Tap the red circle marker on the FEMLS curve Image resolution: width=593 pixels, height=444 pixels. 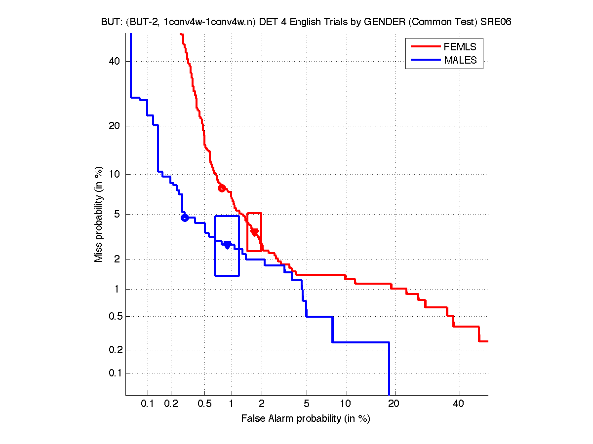coord(222,188)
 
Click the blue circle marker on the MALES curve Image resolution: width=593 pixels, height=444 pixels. coord(185,218)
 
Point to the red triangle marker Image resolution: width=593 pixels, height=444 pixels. coord(255,232)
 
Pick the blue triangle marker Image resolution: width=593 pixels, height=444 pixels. coord(227,245)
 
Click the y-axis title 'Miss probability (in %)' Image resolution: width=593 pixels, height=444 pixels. coord(99,214)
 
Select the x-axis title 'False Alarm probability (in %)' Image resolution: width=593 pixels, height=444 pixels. coord(306,419)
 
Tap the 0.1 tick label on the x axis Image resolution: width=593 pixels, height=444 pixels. coord(148,404)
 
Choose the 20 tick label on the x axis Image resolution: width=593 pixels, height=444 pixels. coord(393,404)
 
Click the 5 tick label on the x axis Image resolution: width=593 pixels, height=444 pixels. coord(307,404)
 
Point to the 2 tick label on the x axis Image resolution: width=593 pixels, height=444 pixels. coord(262,404)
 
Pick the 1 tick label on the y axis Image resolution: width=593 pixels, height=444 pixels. coord(118,289)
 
